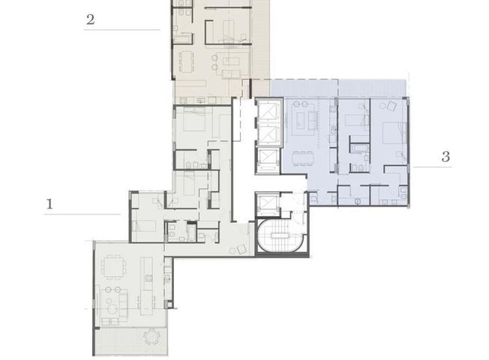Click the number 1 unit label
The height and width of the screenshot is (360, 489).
tap(49, 204)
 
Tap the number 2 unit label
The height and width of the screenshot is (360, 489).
tap(90, 19)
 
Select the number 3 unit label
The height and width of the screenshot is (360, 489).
tap(446, 156)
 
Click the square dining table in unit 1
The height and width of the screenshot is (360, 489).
tap(113, 267)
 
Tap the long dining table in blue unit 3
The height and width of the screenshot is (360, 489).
tap(302, 159)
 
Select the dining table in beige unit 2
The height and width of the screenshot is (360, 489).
tap(186, 61)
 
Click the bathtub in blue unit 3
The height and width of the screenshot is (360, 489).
tap(359, 148)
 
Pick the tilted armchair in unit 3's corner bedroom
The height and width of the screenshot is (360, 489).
tap(391, 106)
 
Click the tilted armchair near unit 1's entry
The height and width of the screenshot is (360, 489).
tap(241, 250)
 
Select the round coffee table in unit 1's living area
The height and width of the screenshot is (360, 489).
tap(112, 310)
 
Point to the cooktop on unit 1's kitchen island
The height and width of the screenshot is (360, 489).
tap(148, 278)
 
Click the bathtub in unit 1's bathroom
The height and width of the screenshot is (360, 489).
tap(190, 232)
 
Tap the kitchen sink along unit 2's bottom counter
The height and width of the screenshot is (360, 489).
tap(200, 100)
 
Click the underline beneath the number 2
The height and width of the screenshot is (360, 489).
tap(122, 30)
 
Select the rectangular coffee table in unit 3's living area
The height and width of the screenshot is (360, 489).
tap(300, 121)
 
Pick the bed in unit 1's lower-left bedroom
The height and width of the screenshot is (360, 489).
tap(145, 226)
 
